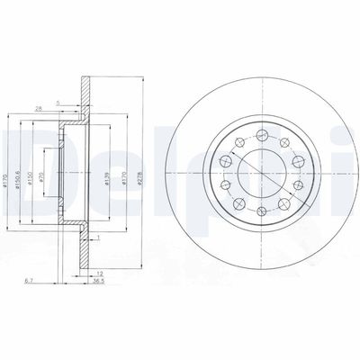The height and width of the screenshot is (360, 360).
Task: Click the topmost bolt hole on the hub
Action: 259,133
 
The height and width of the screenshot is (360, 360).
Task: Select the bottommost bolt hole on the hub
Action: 259,213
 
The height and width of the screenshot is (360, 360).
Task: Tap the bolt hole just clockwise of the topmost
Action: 282,140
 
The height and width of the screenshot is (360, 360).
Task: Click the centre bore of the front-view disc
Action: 259,173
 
